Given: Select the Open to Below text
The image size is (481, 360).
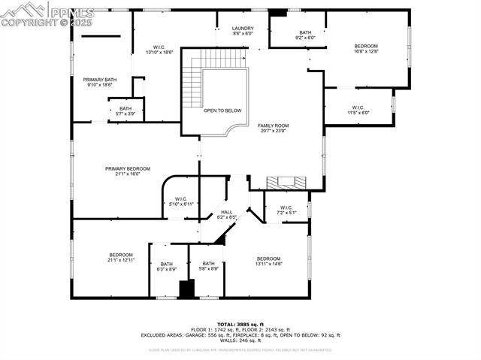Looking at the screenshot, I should click(x=222, y=110).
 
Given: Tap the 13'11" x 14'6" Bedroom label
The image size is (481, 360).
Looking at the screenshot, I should click(x=268, y=261).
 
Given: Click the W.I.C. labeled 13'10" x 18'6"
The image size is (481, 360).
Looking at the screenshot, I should click(x=159, y=50).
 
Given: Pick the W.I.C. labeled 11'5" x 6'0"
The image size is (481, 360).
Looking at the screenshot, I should click(x=355, y=110).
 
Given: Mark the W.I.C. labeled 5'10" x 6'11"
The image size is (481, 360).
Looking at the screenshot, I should click(x=180, y=201).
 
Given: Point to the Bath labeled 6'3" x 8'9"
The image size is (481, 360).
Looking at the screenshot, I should click(x=166, y=266).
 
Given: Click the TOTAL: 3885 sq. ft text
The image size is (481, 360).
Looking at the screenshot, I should click(x=240, y=324).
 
